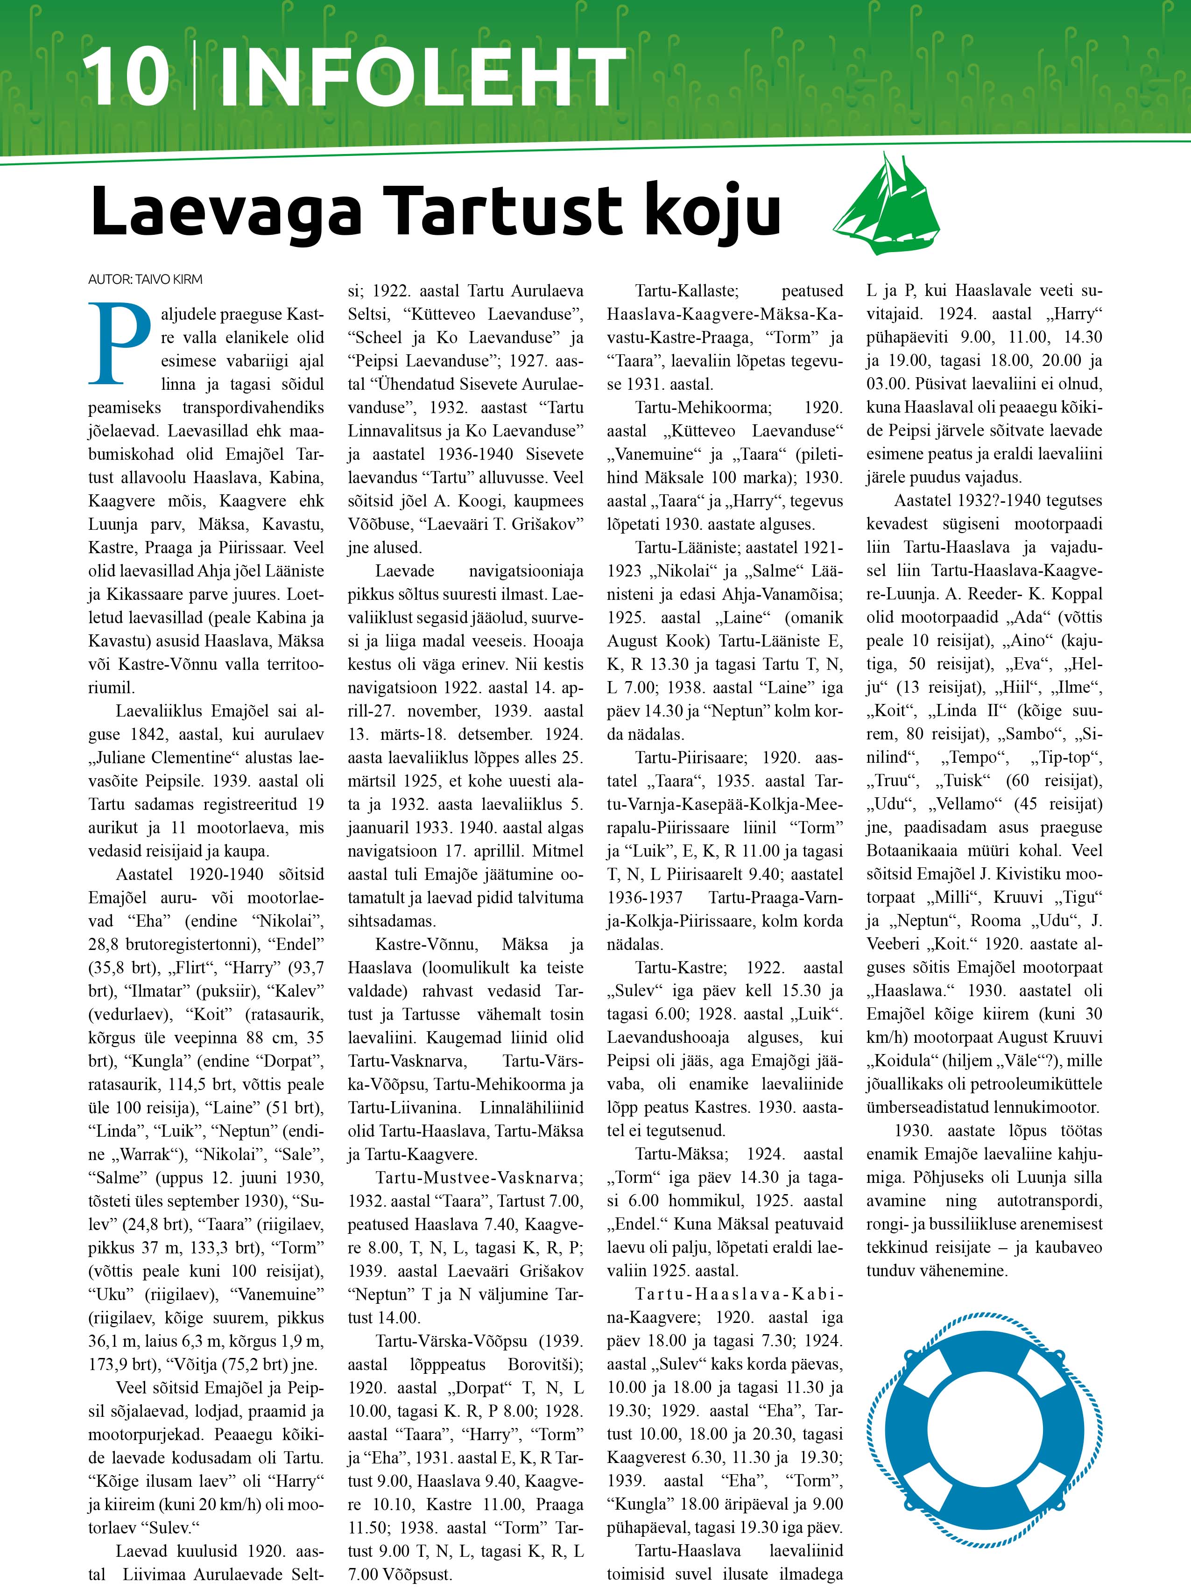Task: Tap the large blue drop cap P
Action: (x=119, y=344)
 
